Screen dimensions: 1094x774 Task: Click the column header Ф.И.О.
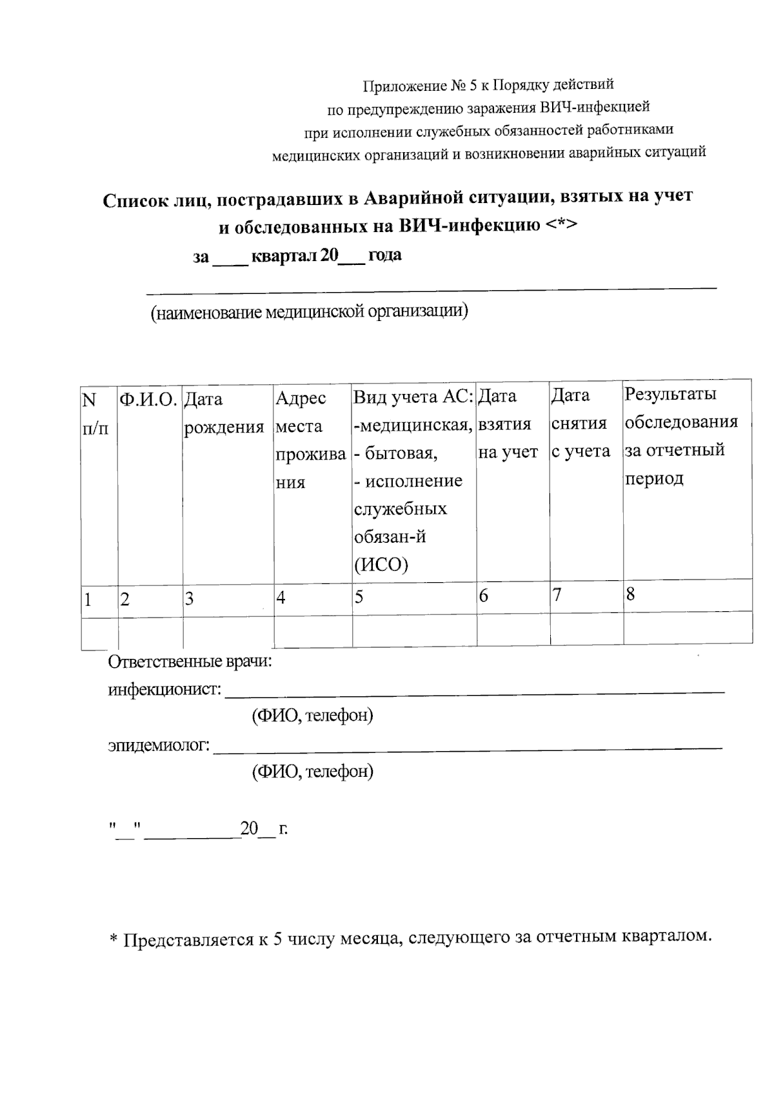tap(148, 400)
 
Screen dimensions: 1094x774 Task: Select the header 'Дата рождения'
tap(224, 413)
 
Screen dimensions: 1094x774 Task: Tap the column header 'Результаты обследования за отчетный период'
tap(680, 436)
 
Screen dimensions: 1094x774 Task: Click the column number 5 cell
tap(359, 598)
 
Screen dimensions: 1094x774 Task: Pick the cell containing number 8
tap(630, 594)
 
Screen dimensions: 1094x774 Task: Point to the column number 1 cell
tap(87, 600)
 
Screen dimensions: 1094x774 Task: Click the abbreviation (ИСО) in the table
tap(381, 565)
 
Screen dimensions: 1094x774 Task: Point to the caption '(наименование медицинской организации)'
tap(309, 313)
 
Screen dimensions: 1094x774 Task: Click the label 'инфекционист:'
tap(164, 690)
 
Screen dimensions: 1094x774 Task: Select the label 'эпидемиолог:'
tap(159, 746)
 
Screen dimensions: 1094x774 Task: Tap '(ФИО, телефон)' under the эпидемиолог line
tap(312, 771)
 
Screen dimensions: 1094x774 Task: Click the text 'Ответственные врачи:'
tap(190, 662)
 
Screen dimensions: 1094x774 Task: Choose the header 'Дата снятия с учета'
tap(580, 423)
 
